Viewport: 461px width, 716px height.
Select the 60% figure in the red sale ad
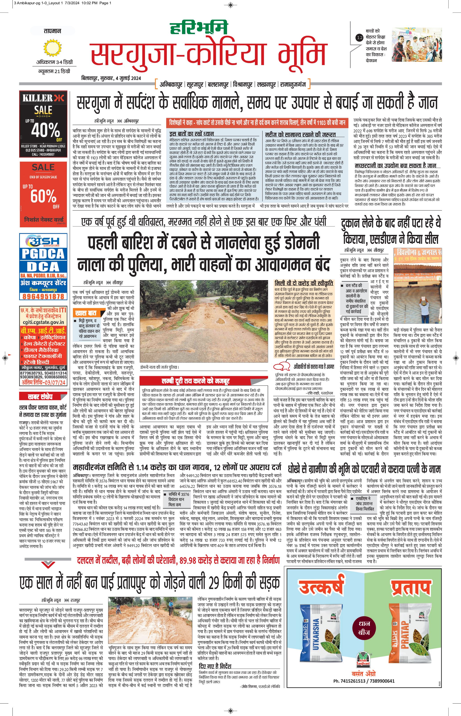pyautogui.click(x=43, y=196)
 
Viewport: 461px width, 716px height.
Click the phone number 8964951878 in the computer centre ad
pyautogui.click(x=43, y=296)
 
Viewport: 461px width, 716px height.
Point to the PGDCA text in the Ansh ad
pyautogui.click(x=43, y=254)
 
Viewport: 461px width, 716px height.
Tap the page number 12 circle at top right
pyautogui.click(x=359, y=38)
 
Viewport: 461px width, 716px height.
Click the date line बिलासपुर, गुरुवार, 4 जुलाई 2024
pyautogui.click(x=111, y=78)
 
